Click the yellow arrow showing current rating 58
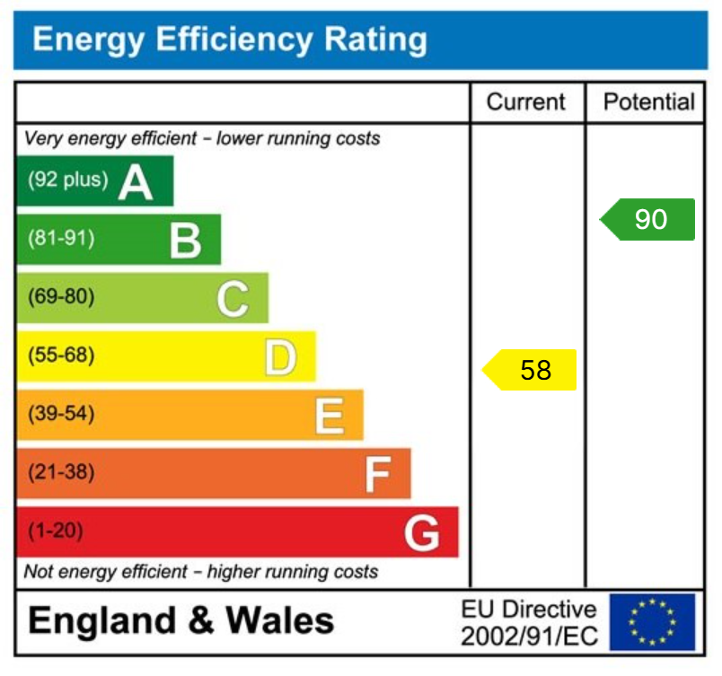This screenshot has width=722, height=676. [531, 370]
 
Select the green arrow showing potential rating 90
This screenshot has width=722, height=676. [648, 220]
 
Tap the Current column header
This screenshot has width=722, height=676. [526, 102]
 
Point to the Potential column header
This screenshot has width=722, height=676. [648, 102]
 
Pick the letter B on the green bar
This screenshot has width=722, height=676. [185, 241]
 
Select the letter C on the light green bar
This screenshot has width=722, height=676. [233, 299]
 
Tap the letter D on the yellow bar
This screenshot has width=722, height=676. [280, 357]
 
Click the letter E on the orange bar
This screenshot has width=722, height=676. [329, 417]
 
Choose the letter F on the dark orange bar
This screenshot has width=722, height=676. [377, 475]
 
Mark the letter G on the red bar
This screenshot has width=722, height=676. [421, 533]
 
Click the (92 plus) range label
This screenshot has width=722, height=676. [67, 180]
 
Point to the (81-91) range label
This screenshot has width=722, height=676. [61, 239]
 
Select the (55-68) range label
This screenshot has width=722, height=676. [61, 356]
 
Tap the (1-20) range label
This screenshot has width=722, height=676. [56, 531]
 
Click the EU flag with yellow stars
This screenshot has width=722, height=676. [652, 622]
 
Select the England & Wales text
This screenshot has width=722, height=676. [181, 621]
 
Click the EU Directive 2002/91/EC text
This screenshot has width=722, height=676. [528, 623]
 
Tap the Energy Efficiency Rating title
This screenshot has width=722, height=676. [230, 40]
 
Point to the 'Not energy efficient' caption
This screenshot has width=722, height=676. [201, 572]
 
